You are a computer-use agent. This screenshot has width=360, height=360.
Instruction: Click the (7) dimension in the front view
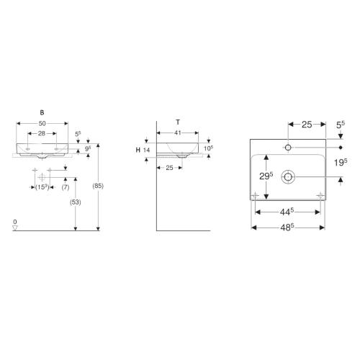65,186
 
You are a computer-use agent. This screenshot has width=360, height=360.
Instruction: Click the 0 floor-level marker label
15,221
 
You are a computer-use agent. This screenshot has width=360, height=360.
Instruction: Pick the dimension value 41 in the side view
177,133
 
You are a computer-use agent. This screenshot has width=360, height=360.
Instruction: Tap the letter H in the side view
137,149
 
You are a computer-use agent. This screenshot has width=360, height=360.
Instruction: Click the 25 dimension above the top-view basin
306,125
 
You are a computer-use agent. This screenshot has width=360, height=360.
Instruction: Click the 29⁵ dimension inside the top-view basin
267,176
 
